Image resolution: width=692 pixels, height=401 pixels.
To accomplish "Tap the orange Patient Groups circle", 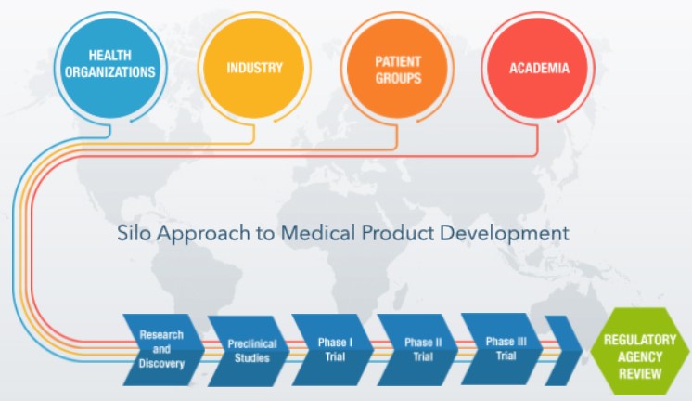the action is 397,68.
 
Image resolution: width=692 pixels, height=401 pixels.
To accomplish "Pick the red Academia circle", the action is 538,68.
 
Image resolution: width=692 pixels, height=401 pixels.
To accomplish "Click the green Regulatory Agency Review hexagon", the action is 639,351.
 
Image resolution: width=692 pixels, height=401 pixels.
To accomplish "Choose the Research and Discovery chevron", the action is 163,349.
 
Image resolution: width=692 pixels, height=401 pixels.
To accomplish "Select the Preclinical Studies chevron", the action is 249,351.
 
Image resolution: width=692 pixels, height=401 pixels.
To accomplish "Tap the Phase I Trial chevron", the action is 332,349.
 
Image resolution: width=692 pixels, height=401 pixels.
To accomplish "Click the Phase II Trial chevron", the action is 417,349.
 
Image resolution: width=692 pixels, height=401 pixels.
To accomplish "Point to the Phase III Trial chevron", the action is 502,348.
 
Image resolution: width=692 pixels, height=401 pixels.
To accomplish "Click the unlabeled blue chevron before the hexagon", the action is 564,351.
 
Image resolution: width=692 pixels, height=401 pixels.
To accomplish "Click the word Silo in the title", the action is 134,233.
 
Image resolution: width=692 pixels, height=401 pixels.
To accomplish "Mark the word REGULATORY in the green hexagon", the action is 640,340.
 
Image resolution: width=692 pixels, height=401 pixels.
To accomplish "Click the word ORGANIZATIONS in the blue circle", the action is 110,72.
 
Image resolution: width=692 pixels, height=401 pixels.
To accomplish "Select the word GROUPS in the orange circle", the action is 399,78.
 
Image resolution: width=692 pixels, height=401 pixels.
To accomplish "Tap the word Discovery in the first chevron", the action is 161,364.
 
